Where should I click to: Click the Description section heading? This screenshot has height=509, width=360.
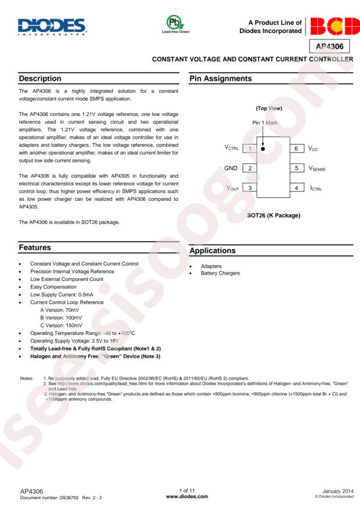[x=40, y=78]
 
